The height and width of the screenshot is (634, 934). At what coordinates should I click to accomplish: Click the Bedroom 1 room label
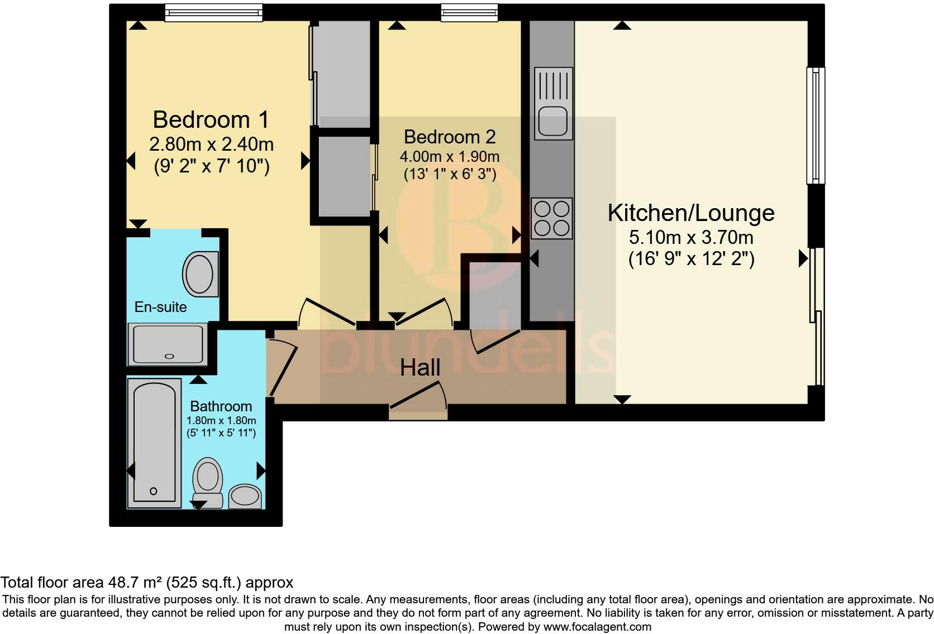(x=211, y=120)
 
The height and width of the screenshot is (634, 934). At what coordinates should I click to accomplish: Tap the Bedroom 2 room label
(x=450, y=137)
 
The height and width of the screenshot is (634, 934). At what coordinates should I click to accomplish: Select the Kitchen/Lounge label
(x=691, y=213)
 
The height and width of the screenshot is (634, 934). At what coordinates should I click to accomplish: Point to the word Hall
(x=420, y=368)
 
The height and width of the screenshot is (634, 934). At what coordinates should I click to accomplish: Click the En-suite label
(x=160, y=307)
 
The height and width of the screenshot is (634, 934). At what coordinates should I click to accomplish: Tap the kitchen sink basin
(x=554, y=122)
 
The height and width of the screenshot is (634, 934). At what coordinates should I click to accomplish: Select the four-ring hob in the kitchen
(x=552, y=218)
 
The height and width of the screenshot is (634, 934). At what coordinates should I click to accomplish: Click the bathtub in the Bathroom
(x=154, y=443)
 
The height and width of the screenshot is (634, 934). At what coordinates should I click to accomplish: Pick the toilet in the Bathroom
(x=208, y=482)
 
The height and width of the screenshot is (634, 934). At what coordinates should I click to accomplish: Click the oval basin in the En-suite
(x=201, y=274)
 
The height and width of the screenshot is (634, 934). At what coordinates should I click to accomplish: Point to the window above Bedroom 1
(x=214, y=12)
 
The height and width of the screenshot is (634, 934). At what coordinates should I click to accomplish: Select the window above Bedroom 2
(x=469, y=12)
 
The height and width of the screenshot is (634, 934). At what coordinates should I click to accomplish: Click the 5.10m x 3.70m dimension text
(x=692, y=238)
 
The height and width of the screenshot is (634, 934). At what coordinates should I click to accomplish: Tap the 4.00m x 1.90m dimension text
(x=450, y=157)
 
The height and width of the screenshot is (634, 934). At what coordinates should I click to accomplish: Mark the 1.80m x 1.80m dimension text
(x=221, y=421)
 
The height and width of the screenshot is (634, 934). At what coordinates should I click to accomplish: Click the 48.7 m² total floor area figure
(x=135, y=582)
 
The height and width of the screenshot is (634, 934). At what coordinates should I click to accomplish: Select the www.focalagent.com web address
(x=597, y=627)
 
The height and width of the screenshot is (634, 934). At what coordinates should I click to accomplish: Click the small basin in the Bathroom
(x=245, y=496)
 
